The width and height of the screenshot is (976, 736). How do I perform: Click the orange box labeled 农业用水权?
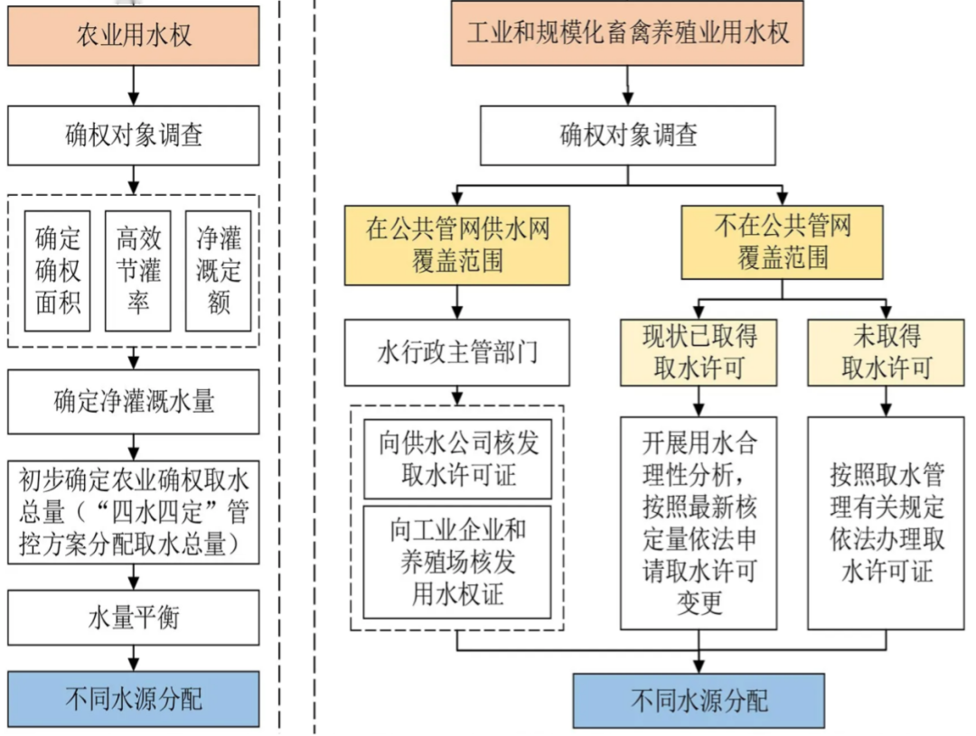134,36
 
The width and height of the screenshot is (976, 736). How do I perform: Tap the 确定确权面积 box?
58,271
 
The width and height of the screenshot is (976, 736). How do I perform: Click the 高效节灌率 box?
137,271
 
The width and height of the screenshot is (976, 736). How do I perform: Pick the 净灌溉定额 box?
218,271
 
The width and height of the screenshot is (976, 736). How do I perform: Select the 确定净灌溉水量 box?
134,401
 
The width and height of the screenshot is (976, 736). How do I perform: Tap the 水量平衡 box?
134,617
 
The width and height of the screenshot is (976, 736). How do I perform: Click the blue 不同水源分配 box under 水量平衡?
134,698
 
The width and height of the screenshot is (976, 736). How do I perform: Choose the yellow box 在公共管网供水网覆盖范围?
457,244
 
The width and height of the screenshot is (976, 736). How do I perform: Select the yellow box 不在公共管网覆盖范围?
783,242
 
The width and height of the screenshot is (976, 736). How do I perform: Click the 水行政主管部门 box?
457,352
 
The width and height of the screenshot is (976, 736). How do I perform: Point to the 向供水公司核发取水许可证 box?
457,459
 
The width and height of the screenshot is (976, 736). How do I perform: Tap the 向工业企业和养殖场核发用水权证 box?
457,562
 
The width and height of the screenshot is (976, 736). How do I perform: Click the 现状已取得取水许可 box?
699,352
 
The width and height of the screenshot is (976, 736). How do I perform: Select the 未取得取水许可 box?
886,352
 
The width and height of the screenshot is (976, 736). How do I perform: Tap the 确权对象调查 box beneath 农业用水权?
134,135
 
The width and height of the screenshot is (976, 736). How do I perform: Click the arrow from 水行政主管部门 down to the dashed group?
457,395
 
